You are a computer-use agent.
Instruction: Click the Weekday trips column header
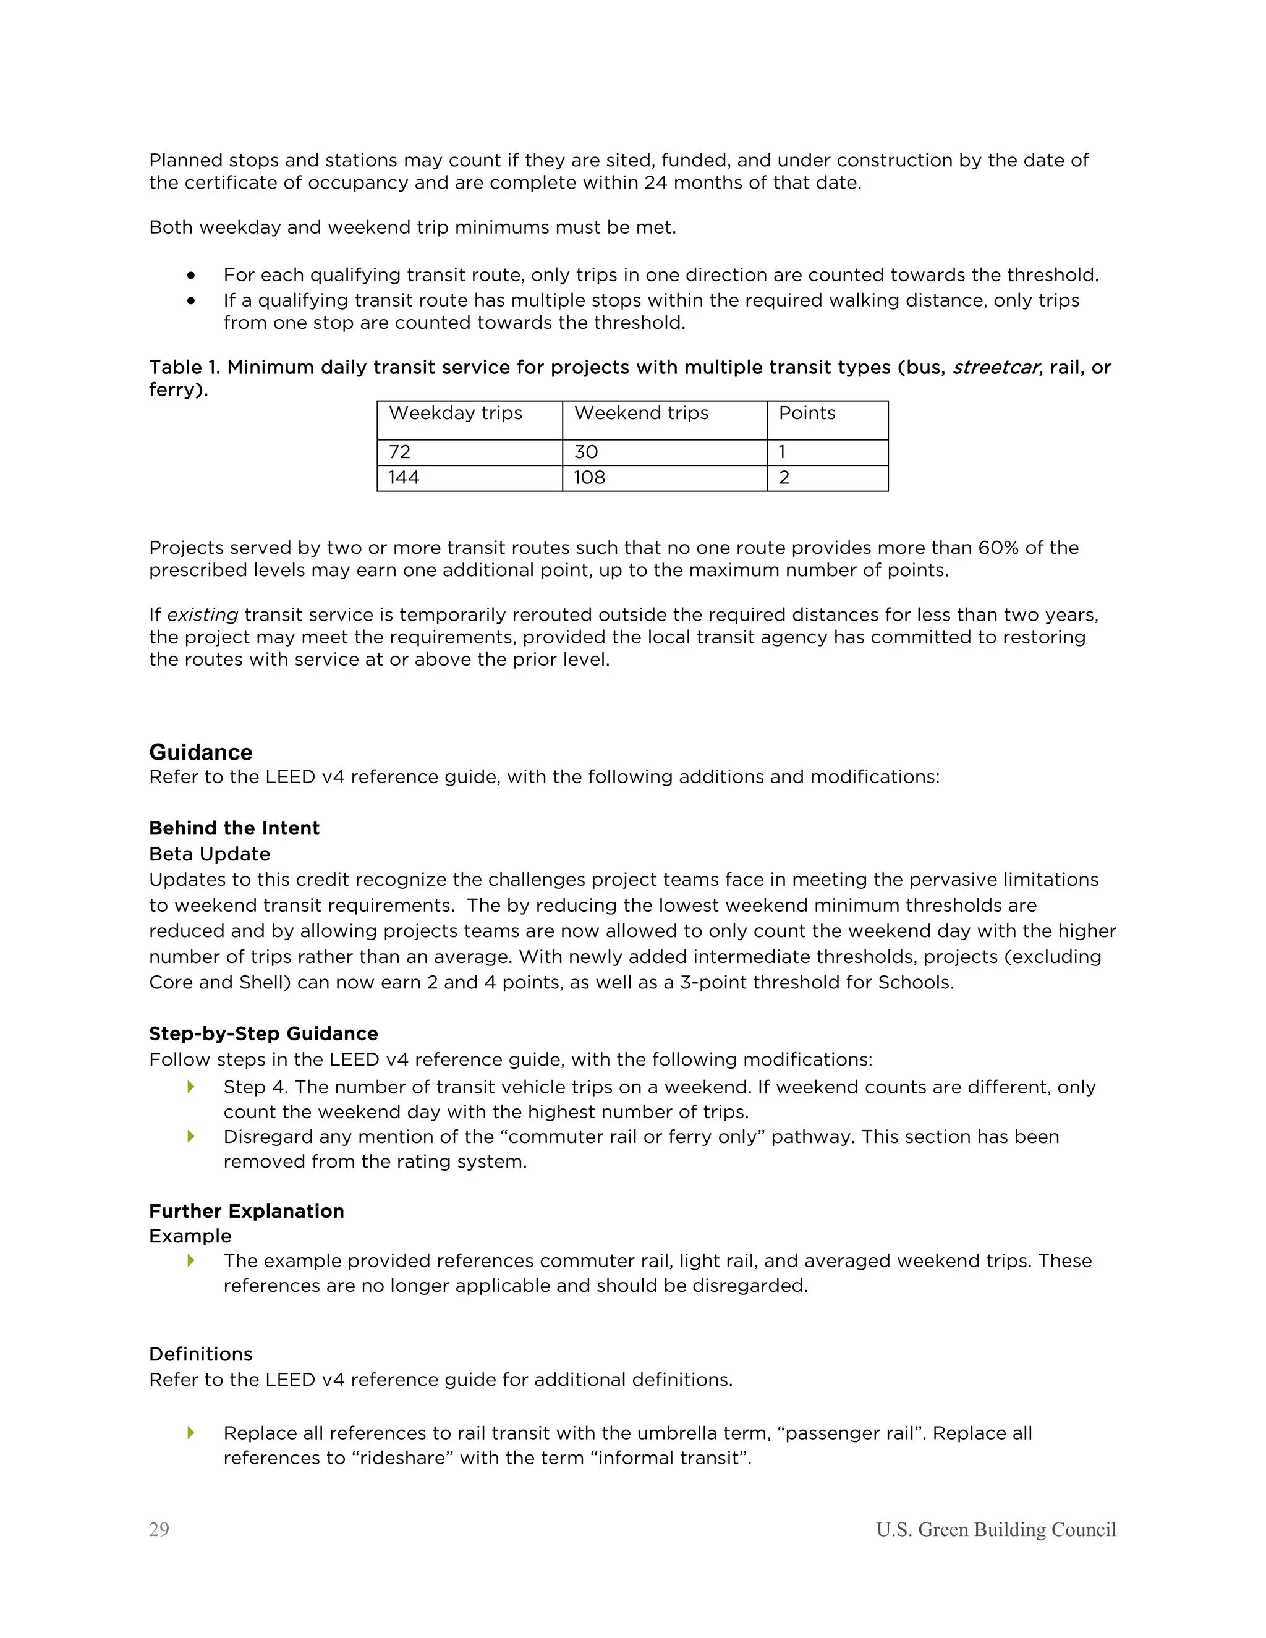455,414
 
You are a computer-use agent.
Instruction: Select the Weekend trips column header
640,414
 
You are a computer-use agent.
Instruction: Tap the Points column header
806,414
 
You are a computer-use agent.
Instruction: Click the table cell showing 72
400,452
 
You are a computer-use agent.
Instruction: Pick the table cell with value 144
404,478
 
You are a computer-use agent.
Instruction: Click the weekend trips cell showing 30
586,452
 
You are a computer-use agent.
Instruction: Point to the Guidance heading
200,752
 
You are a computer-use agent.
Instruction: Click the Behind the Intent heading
234,828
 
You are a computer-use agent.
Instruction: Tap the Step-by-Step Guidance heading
263,1033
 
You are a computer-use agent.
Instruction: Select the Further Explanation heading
246,1212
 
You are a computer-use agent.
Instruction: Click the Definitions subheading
200,1354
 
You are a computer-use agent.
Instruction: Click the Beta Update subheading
210,854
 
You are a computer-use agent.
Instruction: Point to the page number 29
159,1529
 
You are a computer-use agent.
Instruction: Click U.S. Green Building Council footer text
996,1529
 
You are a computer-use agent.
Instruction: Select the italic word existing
203,615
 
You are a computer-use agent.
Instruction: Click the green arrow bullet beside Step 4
191,1087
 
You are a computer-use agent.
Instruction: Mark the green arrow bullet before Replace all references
191,1433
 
